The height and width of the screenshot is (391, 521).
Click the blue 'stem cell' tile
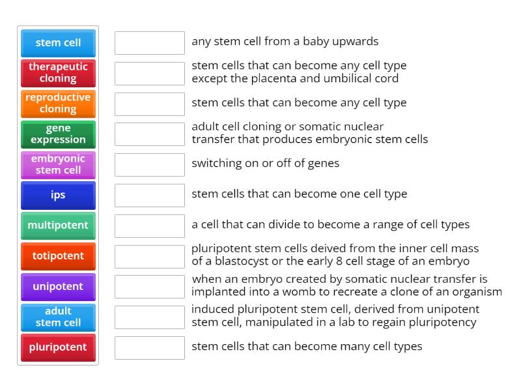[x=58, y=43]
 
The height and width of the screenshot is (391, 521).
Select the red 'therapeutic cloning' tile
[x=58, y=73]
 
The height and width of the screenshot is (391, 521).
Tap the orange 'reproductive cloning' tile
[x=58, y=104]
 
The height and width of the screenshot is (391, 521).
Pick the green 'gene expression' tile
[x=58, y=134]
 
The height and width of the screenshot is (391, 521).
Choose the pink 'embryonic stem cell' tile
[x=58, y=165]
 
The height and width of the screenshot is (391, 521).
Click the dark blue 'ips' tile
[x=58, y=195]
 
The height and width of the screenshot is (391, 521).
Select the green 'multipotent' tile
[x=58, y=225]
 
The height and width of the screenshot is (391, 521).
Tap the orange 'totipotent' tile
[x=58, y=256]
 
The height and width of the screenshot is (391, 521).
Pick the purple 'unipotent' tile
[x=58, y=287]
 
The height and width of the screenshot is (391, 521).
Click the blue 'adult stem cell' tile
[x=58, y=317]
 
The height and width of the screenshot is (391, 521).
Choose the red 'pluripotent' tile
[x=58, y=347]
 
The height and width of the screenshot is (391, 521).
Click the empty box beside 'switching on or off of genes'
[x=150, y=165]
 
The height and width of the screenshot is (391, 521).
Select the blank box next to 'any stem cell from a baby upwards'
[x=150, y=43]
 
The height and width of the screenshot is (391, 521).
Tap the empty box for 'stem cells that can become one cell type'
[x=150, y=195]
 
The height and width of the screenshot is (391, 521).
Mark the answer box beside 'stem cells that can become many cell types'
[x=150, y=348]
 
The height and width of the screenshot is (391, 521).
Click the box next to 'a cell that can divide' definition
[x=150, y=226]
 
